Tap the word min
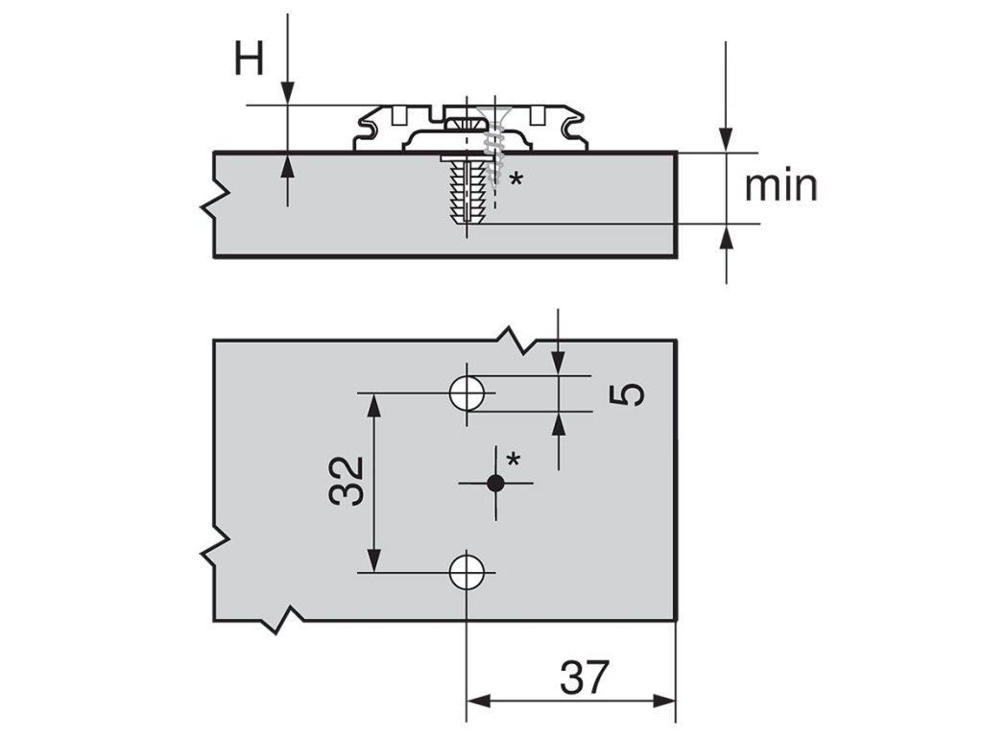pyautogui.click(x=781, y=185)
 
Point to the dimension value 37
pyautogui.click(x=585, y=678)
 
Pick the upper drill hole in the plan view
pyautogui.click(x=468, y=392)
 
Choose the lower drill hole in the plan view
pyautogui.click(x=468, y=571)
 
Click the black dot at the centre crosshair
pyautogui.click(x=495, y=484)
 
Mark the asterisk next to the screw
pyautogui.click(x=517, y=178)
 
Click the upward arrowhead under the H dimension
pyautogui.click(x=286, y=164)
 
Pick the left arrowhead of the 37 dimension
pyautogui.click(x=478, y=701)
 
